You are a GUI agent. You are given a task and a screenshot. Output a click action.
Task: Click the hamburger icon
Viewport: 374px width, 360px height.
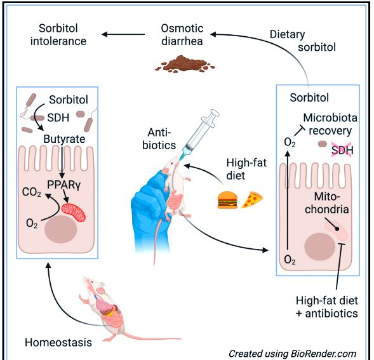click(227, 200)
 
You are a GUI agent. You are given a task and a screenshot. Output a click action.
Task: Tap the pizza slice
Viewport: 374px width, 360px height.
click(252, 199)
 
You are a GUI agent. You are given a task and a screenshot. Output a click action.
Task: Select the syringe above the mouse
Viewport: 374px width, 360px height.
click(199, 134)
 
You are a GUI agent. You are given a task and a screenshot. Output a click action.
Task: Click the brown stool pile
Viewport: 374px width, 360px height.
click(185, 63)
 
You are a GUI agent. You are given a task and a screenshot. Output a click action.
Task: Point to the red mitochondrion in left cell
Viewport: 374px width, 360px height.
click(73, 212)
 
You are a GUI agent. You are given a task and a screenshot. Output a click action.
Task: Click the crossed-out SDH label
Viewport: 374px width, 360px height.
click(342, 150)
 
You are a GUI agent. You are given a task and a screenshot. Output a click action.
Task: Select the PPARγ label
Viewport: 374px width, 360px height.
click(64, 184)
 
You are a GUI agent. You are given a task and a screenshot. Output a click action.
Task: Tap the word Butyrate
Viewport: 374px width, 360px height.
click(64, 139)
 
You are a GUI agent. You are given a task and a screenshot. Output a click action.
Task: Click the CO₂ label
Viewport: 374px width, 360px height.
click(32, 192)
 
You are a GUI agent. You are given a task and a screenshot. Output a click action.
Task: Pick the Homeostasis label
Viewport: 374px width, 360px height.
click(58, 342)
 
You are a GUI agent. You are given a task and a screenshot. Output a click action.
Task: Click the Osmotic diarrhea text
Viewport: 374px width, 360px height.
click(182, 34)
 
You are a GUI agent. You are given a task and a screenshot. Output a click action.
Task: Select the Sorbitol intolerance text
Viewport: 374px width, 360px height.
click(58, 34)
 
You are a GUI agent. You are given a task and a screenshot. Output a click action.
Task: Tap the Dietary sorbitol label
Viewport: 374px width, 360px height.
click(303, 41)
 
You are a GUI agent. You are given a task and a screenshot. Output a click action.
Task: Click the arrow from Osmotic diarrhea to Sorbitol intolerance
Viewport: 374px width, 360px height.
click(123, 34)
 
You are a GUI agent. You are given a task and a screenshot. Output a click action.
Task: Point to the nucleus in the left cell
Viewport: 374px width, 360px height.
click(60, 229)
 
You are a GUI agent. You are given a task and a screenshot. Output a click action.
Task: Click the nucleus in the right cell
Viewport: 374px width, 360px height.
click(319, 247)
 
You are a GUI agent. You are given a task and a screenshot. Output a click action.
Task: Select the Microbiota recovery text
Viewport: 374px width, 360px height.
click(330, 124)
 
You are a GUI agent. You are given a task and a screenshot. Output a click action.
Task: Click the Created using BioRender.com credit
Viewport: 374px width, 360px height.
click(293, 354)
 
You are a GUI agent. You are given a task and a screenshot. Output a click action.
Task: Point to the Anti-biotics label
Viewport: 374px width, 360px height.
click(159, 138)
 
